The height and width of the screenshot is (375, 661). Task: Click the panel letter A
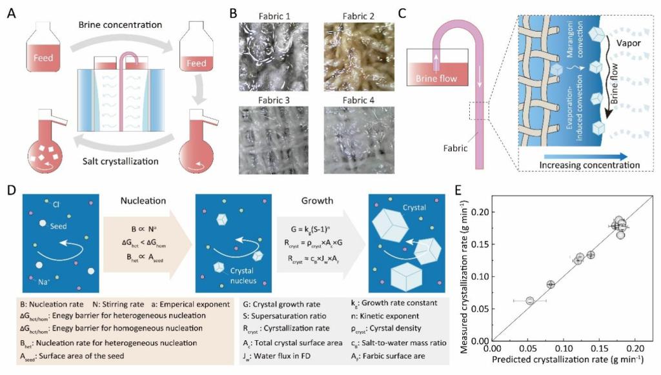tap(11, 12)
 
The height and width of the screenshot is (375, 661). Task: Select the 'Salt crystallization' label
tap(117, 161)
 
